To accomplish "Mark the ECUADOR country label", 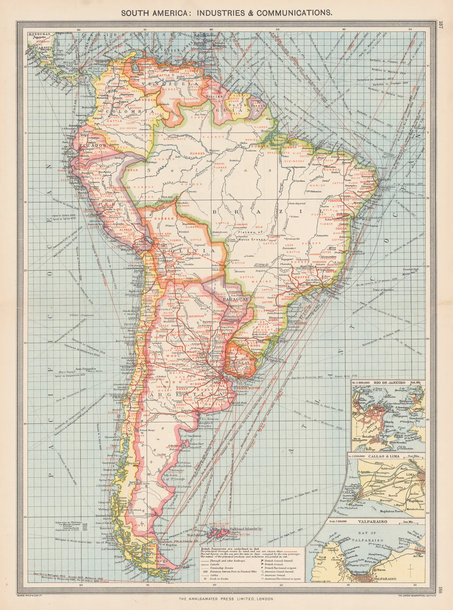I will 93,146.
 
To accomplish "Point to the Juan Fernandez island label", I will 84,369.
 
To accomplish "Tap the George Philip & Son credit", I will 30,595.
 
